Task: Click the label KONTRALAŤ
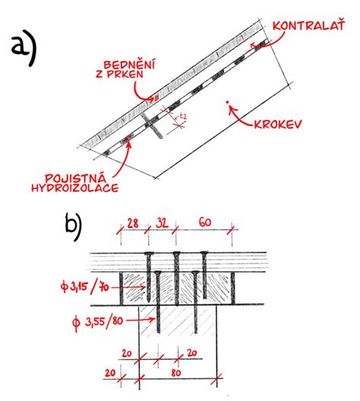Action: tap(309, 25)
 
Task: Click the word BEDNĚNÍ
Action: tap(129, 65)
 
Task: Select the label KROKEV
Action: tap(278, 124)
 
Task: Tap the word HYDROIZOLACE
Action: tap(75, 188)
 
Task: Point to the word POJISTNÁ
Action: tap(75, 178)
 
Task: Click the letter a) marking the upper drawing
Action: tap(24, 48)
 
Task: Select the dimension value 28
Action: tap(133, 223)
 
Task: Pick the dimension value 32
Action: tap(162, 223)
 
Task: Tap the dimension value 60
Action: tap(205, 223)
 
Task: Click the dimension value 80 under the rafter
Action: tap(176, 373)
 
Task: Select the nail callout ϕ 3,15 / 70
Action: tap(85, 286)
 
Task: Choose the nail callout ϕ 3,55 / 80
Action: tap(98, 322)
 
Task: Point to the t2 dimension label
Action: tap(182, 117)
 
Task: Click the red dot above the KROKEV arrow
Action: tap(227, 103)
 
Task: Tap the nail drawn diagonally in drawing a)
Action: tap(151, 125)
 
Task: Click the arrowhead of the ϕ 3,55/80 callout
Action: tap(153, 319)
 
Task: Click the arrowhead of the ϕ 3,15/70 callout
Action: tap(144, 287)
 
